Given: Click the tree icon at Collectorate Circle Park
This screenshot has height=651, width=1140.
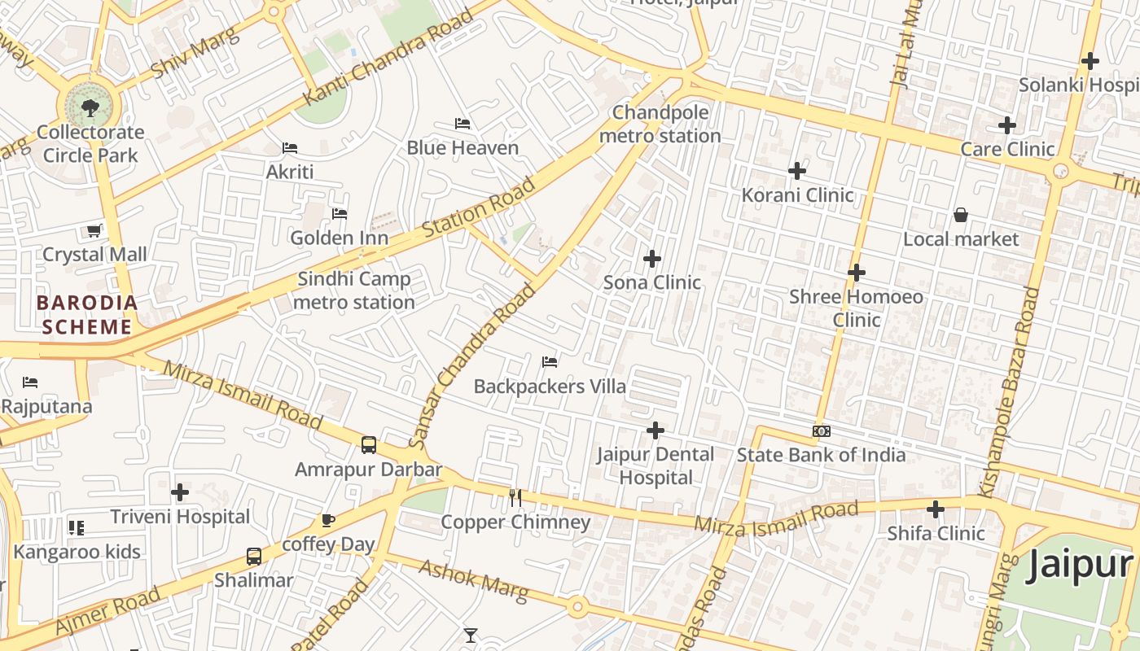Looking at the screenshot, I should point(90,107).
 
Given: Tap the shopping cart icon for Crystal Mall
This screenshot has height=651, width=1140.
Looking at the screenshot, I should point(94,230).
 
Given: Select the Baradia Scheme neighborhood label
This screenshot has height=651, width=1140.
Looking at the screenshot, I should point(86,315).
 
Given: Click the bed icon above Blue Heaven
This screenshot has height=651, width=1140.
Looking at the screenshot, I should point(463,124).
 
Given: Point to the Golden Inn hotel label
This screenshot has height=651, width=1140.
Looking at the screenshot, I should point(339,238).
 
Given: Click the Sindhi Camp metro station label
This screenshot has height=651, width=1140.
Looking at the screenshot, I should point(354,291).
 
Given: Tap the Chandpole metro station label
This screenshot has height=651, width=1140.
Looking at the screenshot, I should point(660,124).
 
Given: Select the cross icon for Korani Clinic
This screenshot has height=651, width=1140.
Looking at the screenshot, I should point(797,171).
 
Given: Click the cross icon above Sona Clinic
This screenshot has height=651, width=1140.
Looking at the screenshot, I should point(651,259).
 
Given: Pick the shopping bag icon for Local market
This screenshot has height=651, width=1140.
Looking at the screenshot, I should point(961,215).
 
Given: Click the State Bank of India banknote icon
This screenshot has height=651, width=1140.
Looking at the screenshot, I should point(821,430).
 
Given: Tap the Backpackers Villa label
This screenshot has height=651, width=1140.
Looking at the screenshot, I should point(550,386).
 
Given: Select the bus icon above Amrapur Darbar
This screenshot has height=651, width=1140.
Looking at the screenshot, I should point(369,445).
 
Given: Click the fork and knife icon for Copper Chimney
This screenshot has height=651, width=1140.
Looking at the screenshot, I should point(515,497).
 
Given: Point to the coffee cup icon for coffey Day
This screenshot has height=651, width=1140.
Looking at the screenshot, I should point(327,520).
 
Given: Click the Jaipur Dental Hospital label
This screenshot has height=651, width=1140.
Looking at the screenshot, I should point(655,465).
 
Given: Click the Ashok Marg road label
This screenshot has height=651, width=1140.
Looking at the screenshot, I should point(473,580).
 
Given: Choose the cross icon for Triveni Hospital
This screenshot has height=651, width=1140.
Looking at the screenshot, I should point(180,492).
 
